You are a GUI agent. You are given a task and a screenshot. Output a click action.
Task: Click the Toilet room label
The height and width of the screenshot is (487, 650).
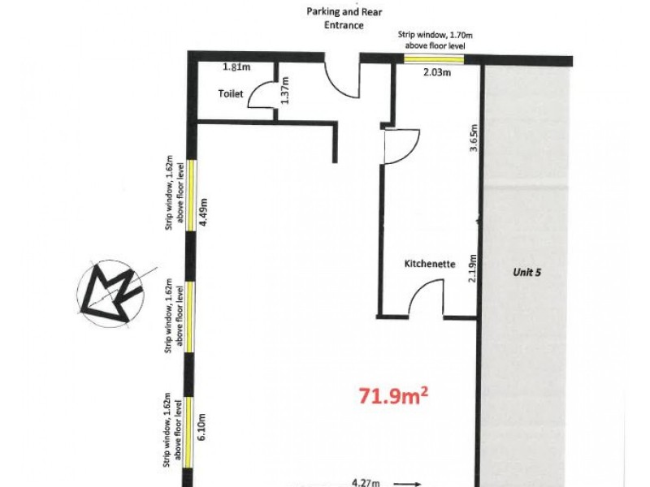click(230, 94)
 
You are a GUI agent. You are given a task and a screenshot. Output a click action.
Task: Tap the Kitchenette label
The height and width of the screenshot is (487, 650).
click(430, 264)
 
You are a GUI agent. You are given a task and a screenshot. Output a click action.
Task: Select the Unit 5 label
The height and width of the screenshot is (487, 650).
click(526, 274)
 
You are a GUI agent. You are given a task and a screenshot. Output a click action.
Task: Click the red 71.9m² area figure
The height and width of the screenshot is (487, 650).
click(394, 396)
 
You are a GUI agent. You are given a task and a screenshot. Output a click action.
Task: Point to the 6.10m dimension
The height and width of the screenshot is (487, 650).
click(204, 425)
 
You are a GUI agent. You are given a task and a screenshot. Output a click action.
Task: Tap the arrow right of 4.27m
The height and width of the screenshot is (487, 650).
click(409, 483)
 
